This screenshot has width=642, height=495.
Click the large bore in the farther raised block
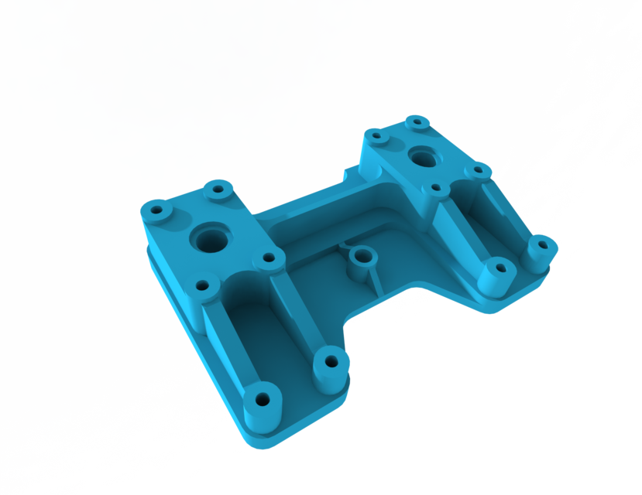coord(423,158)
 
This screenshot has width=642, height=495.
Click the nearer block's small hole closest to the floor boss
coord(269,258)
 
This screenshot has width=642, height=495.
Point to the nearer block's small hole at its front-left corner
coord(204,285)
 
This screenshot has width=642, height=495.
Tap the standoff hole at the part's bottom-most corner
coord(263,400)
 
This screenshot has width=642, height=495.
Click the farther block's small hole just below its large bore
coord(436,187)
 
